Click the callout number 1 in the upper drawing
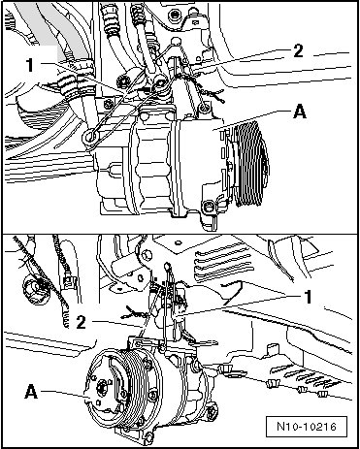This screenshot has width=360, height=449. pos(30,65)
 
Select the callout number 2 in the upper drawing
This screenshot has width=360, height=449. pos(298,51)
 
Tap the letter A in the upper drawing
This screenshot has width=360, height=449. pos(300,112)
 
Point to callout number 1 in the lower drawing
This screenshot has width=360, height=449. pos(308,297)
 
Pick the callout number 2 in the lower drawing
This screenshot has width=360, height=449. pos(81,322)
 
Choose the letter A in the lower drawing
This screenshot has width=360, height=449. pos(31,392)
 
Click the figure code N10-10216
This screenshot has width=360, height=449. pos(307,426)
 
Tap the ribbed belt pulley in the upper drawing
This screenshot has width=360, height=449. pos(250,163)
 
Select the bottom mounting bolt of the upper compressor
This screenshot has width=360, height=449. pos(208,206)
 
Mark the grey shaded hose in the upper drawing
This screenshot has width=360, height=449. pos(51,26)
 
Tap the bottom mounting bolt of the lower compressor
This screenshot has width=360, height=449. pos(148,437)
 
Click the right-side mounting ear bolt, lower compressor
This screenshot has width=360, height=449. pos(213,412)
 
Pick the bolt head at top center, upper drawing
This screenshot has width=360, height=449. pos(176,15)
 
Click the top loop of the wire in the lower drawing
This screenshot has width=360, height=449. pos(167,267)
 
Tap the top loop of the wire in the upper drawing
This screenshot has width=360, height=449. pos(175,42)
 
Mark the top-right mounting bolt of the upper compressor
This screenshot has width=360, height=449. pos(204,108)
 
